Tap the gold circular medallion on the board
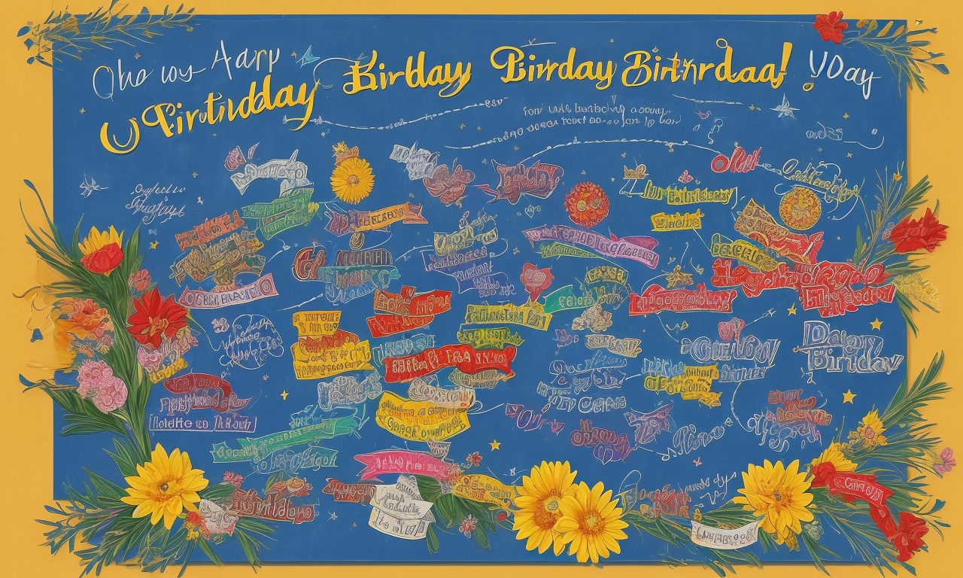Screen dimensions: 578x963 click(800, 208)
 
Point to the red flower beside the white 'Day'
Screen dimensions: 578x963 click(830, 26)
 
